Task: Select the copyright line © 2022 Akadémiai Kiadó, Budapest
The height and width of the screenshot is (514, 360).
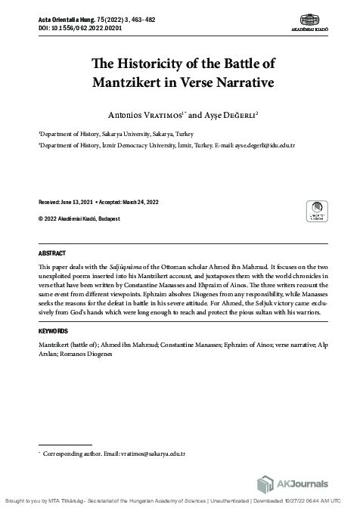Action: [x=79, y=219]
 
